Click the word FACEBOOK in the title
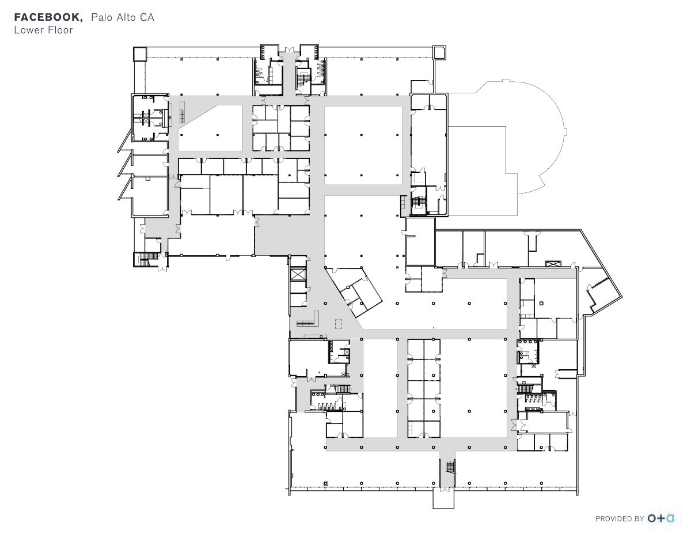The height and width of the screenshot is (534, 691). pyautogui.click(x=48, y=17)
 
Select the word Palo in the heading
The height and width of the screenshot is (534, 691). pyautogui.click(x=102, y=17)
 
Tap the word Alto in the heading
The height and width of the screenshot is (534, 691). pyautogui.click(x=127, y=17)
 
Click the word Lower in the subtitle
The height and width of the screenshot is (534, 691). pyautogui.click(x=29, y=30)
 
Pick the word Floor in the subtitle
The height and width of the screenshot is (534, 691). pyautogui.click(x=60, y=30)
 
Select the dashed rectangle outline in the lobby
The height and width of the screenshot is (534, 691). pyautogui.click(x=339, y=324)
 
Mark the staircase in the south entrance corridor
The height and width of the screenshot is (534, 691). pyautogui.click(x=451, y=467)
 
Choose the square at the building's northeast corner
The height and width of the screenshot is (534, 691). pyautogui.click(x=439, y=52)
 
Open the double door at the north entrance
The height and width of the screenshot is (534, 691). pyautogui.click(x=290, y=50)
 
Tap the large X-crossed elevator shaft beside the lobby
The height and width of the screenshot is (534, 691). pyautogui.click(x=298, y=274)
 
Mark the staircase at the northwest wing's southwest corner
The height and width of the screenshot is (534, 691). pyautogui.click(x=146, y=259)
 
